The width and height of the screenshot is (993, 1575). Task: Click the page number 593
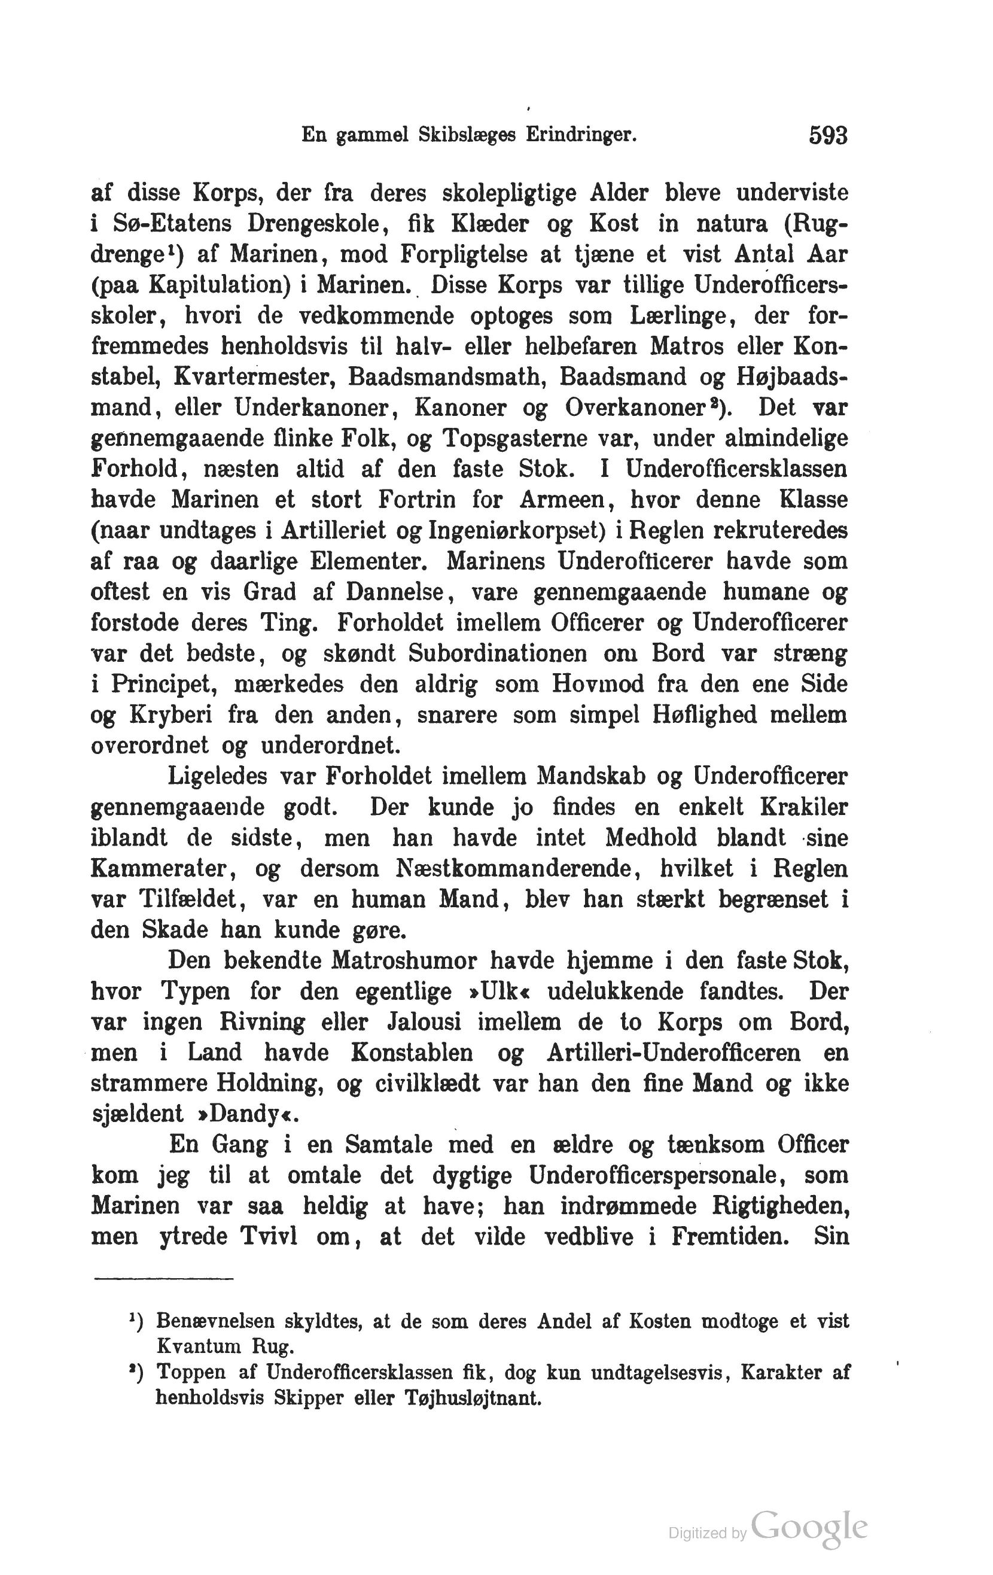tap(828, 135)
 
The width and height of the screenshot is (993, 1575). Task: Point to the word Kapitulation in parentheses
tap(226, 285)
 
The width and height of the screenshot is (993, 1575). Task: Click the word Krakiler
tap(803, 807)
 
